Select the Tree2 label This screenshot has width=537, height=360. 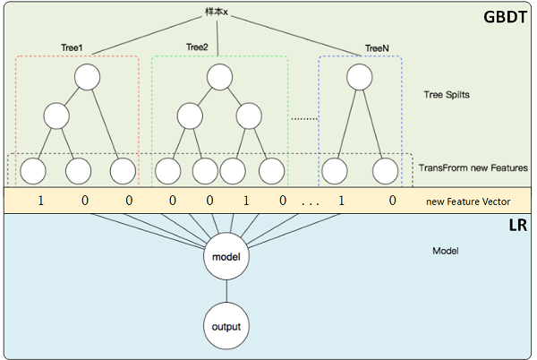click(x=197, y=47)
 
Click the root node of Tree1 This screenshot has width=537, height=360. click(x=86, y=76)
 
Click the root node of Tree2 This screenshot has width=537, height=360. click(x=219, y=76)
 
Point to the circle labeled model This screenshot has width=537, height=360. click(x=226, y=256)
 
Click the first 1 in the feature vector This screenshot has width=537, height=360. click(x=39, y=201)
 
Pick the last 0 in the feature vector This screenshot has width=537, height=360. click(x=392, y=201)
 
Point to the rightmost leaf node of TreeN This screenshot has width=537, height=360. click(x=386, y=168)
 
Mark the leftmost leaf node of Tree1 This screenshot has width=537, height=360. click(x=33, y=168)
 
